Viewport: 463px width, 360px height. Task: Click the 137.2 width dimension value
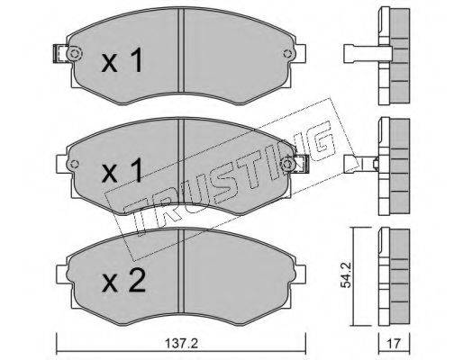click(x=181, y=344)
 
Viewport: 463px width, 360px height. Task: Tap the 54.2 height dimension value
click(x=347, y=274)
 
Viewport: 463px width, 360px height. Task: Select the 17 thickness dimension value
click(x=394, y=344)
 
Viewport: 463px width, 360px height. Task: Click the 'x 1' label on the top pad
click(x=122, y=61)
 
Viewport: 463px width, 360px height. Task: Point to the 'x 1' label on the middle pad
click(x=122, y=171)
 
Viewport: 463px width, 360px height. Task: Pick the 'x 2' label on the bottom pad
click(x=123, y=281)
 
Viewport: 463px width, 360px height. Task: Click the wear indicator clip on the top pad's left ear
click(x=60, y=54)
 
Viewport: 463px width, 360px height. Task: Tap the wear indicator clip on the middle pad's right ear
click(x=302, y=164)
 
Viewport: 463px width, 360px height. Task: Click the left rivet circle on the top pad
click(x=74, y=54)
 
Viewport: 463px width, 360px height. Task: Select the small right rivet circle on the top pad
click(x=287, y=54)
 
